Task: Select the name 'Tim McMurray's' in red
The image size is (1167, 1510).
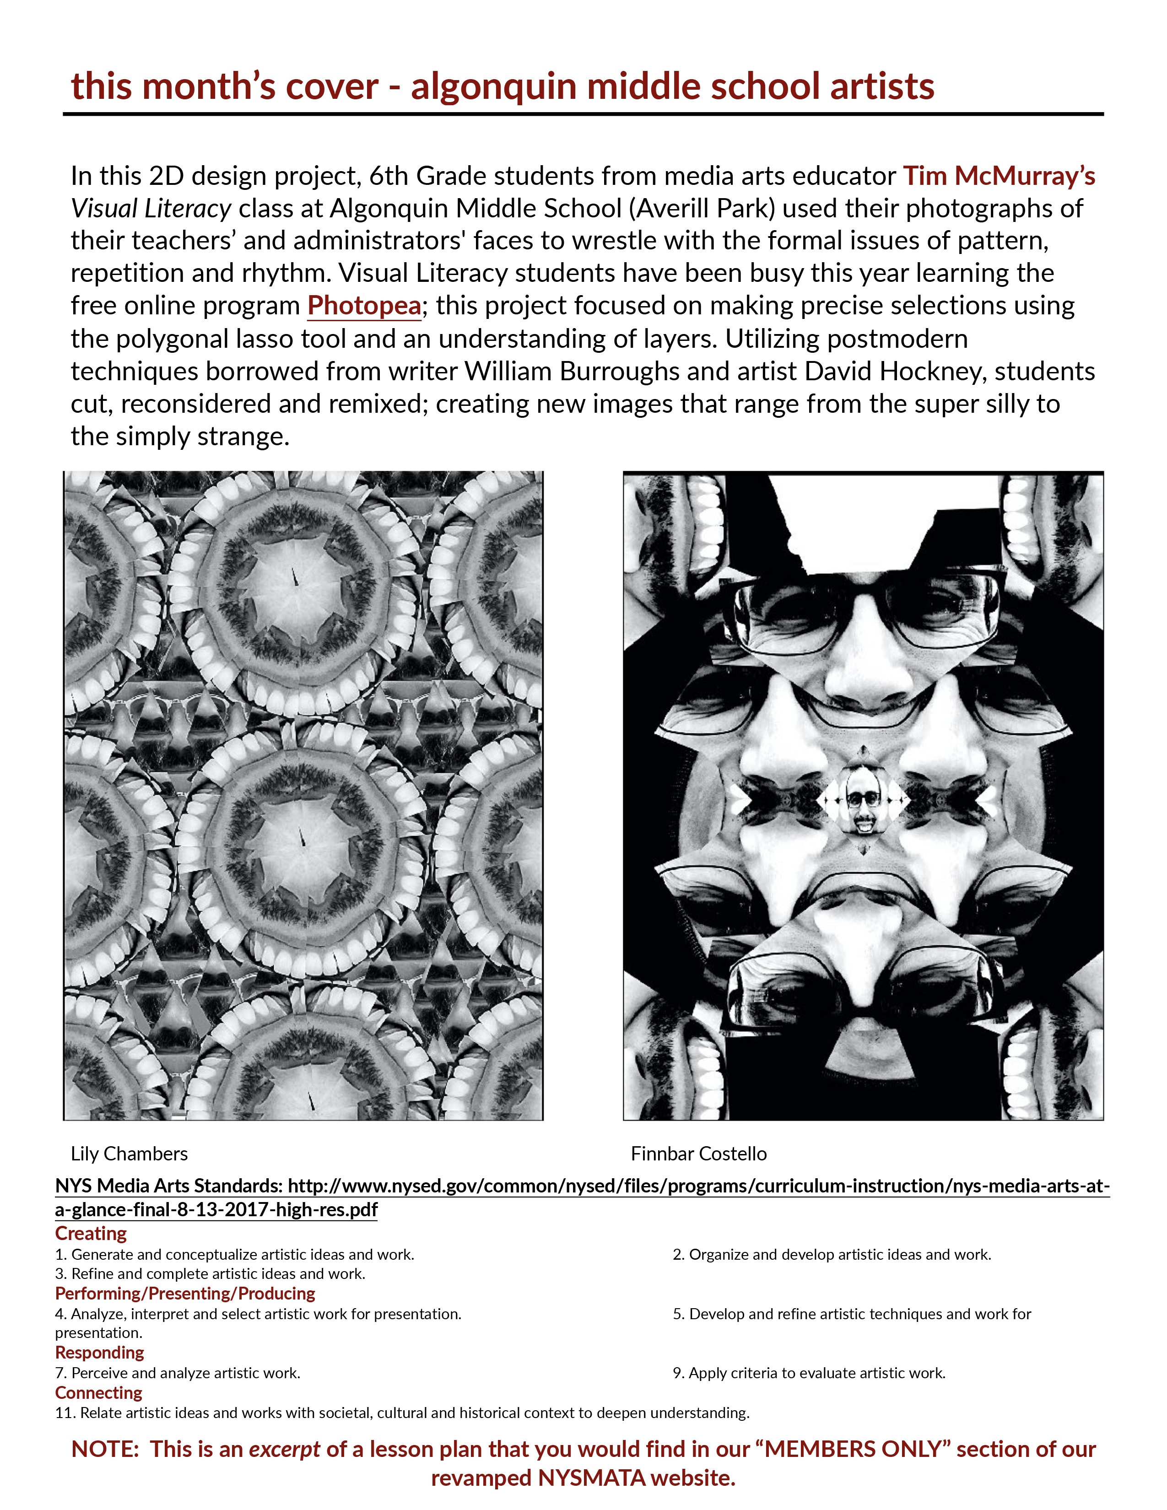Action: (998, 176)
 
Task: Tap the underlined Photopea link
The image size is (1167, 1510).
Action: (364, 306)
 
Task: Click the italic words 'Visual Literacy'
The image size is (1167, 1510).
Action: (151, 209)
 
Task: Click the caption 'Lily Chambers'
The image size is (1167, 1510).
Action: (129, 1154)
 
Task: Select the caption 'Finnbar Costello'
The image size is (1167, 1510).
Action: (698, 1154)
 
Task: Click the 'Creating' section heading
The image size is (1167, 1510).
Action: (91, 1234)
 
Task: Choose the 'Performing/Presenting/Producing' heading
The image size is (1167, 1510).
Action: (184, 1294)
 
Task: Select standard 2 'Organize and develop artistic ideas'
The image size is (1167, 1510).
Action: (832, 1254)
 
